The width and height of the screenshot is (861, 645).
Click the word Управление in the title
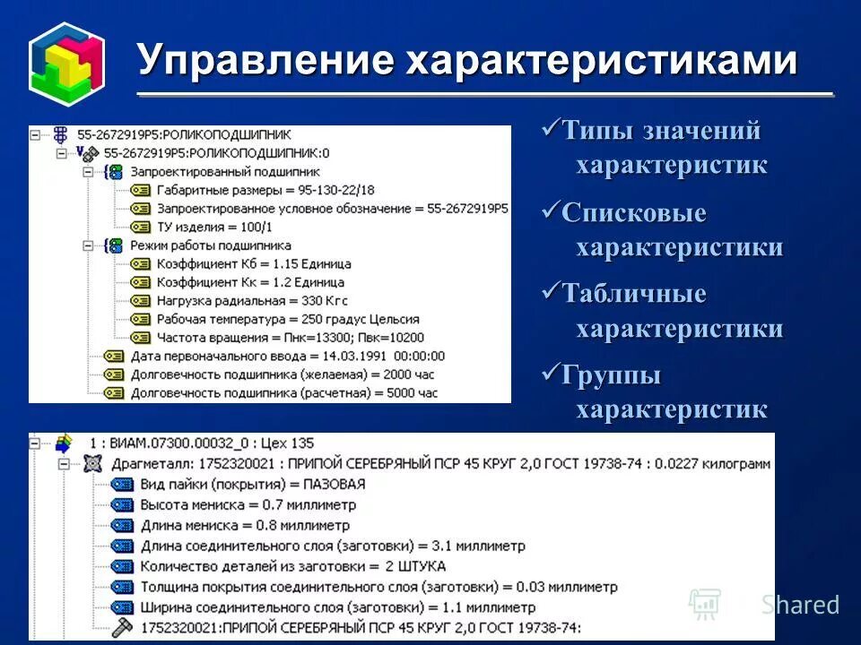pyautogui.click(x=265, y=61)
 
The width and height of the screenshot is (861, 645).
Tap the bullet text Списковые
pyautogui.click(x=634, y=213)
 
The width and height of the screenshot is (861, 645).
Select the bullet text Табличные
pyautogui.click(x=634, y=294)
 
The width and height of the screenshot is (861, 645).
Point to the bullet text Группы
pyautogui.click(x=612, y=374)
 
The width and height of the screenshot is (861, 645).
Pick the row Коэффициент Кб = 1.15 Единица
pyautogui.click(x=254, y=264)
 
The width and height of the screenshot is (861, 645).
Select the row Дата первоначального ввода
pyautogui.click(x=287, y=356)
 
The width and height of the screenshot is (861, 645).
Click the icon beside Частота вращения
pyautogui.click(x=139, y=338)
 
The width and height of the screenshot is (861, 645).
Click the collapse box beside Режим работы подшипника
pyautogui.click(x=88, y=245)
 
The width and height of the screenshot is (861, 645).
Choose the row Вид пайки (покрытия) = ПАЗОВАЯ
pyautogui.click(x=253, y=485)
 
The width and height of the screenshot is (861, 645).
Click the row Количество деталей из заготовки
pyautogui.click(x=292, y=566)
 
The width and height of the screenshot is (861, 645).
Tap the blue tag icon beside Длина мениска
pyautogui.click(x=122, y=526)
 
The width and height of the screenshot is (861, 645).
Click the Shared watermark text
pyautogui.click(x=800, y=605)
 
